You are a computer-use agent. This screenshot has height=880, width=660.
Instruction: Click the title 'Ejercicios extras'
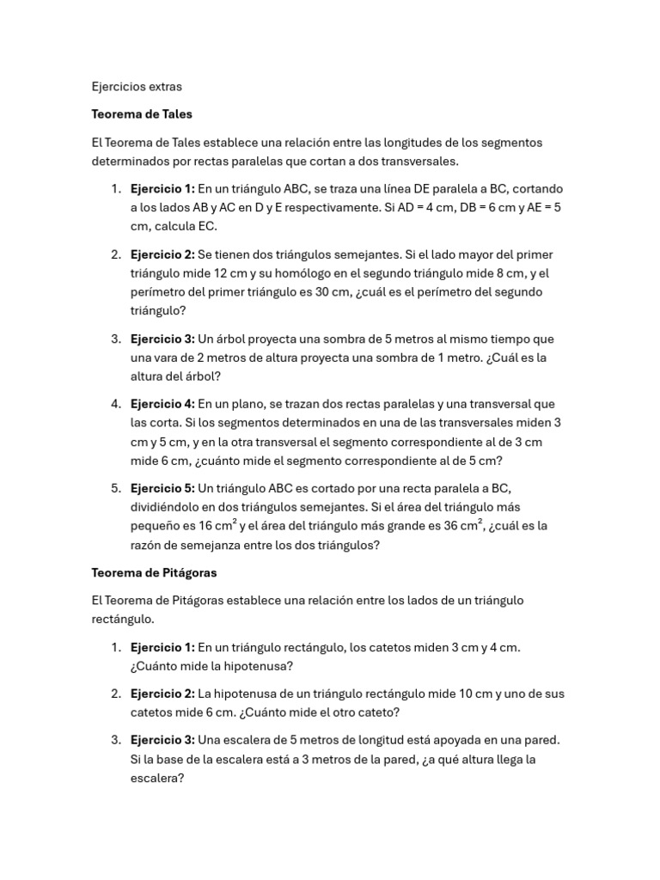pyautogui.click(x=137, y=87)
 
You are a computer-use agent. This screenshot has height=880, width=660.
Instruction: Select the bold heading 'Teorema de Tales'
pyautogui.click(x=142, y=114)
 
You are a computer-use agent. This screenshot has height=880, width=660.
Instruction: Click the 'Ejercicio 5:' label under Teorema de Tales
pyautogui.click(x=162, y=487)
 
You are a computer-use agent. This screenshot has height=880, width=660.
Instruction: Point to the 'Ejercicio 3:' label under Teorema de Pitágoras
pyautogui.click(x=162, y=739)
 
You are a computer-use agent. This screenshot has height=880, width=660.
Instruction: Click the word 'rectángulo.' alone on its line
pyautogui.click(x=125, y=619)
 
